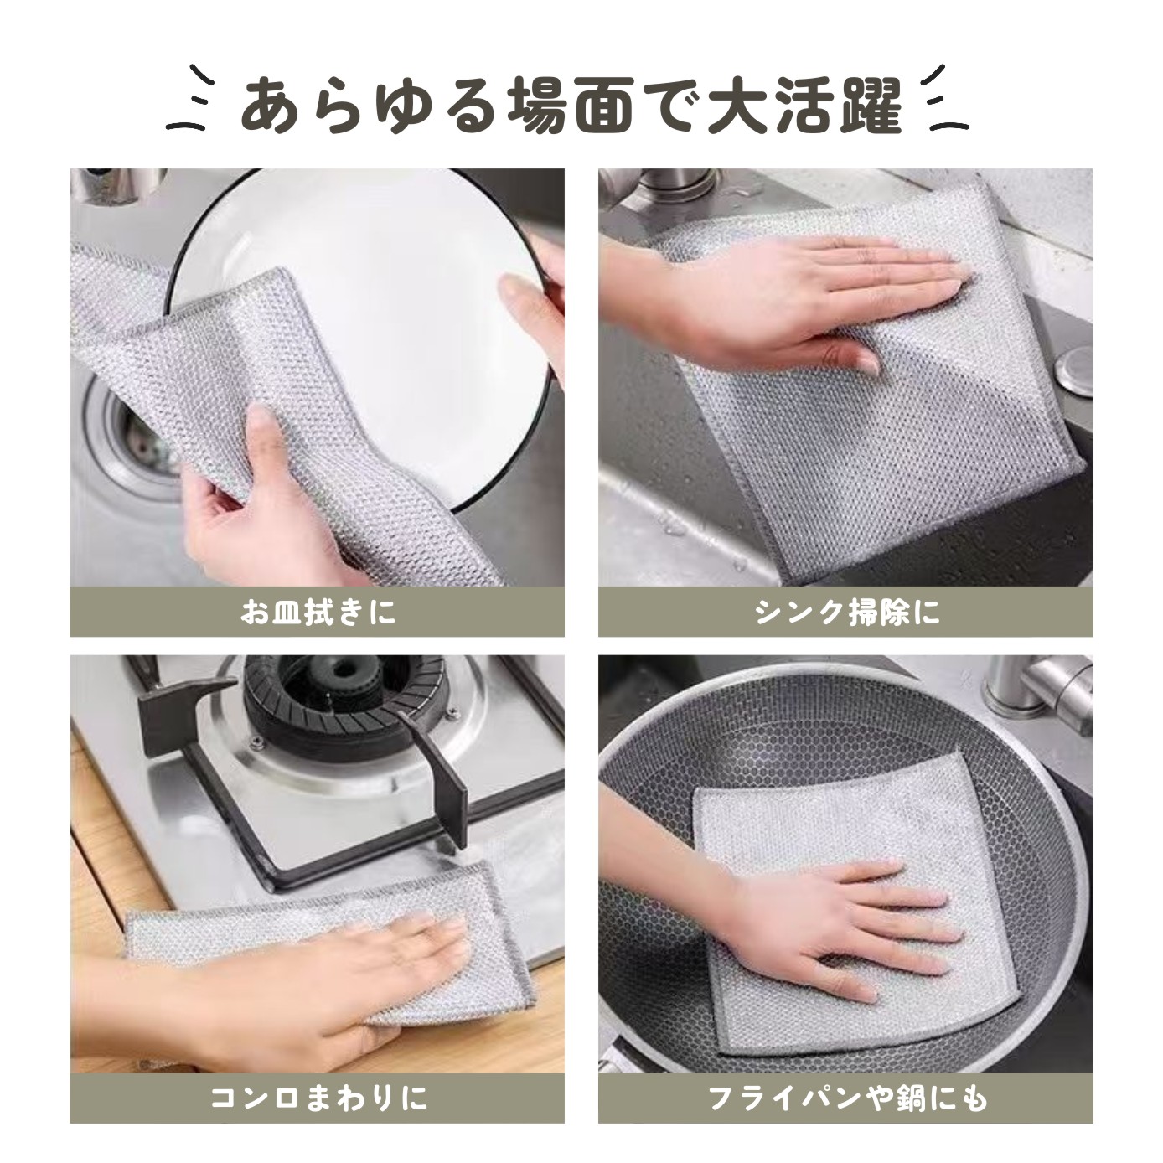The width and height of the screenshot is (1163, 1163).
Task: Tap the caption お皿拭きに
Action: [x=318, y=613]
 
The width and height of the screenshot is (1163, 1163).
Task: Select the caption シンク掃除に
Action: [x=847, y=613]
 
